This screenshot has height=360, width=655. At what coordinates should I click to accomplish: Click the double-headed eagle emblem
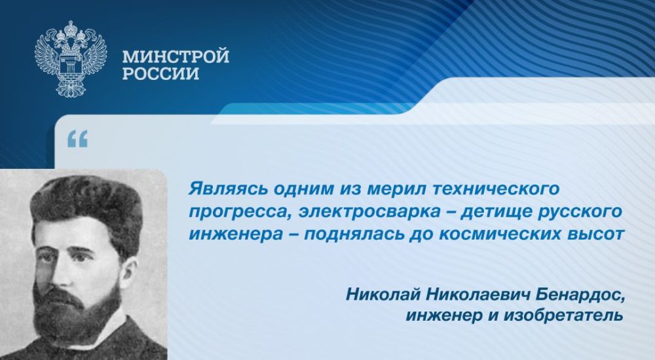[71, 58]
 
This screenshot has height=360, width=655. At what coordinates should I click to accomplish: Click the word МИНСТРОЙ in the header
[176, 56]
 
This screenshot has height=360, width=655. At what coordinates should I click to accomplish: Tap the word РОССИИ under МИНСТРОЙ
[161, 74]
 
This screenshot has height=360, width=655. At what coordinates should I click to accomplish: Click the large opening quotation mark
[78, 139]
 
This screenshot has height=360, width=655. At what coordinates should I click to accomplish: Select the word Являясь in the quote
[228, 189]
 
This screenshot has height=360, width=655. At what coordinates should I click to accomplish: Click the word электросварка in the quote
[369, 211]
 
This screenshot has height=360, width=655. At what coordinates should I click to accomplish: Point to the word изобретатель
[563, 315]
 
